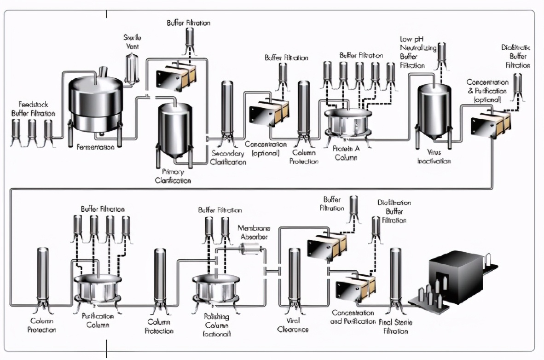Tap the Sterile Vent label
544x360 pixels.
(132, 41)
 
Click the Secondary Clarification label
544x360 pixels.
(228, 157)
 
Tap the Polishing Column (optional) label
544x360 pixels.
(216, 325)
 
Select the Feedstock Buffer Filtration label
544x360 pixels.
(34, 109)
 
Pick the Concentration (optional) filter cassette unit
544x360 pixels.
(269, 113)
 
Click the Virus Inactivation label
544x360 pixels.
(434, 157)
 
